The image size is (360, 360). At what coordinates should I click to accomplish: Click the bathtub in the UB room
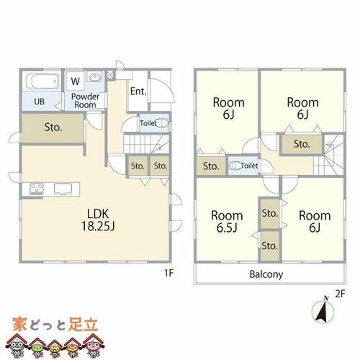pyautogui.click(x=42, y=81)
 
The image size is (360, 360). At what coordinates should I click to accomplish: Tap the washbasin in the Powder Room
pyautogui.click(x=96, y=77)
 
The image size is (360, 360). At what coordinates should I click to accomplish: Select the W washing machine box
pyautogui.click(x=75, y=81)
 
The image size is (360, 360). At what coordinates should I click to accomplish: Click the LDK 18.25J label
pyautogui.click(x=98, y=220)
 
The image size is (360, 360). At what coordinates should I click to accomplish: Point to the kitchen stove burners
pyautogui.click(x=37, y=189)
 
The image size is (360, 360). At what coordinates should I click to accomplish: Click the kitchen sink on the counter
pyautogui.click(x=63, y=189)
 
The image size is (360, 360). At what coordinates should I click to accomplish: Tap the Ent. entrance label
pyautogui.click(x=138, y=91)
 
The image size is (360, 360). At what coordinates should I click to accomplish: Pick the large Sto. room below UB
pyautogui.click(x=53, y=128)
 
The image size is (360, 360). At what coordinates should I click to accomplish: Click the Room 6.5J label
pyautogui.click(x=227, y=222)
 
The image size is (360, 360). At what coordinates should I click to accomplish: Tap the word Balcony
pyautogui.click(x=266, y=274)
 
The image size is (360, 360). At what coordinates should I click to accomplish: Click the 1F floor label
pyautogui.click(x=168, y=273)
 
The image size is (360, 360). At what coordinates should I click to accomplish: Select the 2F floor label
pyautogui.click(x=340, y=294)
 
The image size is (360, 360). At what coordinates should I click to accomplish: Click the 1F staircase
pyautogui.click(x=146, y=144)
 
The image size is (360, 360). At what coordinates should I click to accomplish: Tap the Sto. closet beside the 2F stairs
pyautogui.click(x=302, y=144)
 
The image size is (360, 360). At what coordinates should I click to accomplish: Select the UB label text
pyautogui.click(x=40, y=102)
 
